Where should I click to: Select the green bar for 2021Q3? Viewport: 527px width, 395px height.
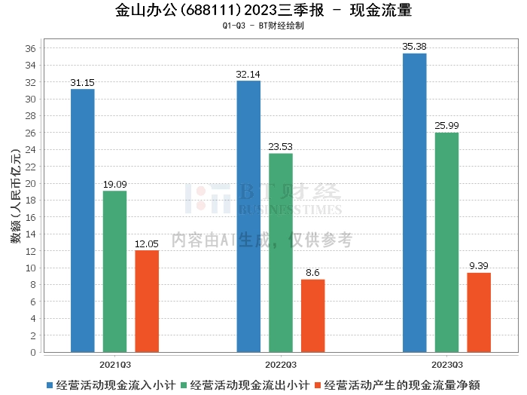114,271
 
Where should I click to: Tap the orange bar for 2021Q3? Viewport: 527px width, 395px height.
147,301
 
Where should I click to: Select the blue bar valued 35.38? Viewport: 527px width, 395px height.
414,203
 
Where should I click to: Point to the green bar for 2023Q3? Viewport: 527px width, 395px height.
446,242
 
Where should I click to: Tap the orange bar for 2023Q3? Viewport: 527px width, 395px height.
479,312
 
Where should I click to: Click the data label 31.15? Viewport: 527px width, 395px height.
83,82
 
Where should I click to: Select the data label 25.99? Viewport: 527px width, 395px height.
446,125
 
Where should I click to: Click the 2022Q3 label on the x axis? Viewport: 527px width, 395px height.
281,363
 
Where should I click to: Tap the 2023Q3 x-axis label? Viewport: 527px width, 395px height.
446,363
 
